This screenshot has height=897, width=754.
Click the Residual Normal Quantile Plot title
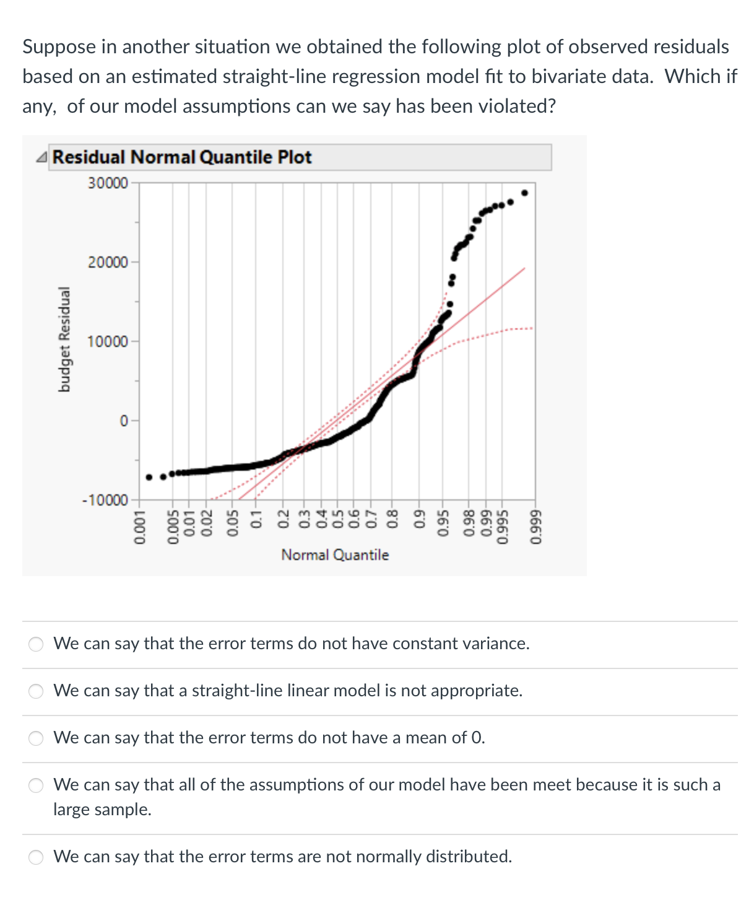tap(182, 157)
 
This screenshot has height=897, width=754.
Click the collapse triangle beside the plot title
tap(41, 158)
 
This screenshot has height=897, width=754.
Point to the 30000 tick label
tap(108, 183)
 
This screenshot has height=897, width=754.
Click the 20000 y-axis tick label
tap(108, 263)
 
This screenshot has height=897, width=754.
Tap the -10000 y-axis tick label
tap(105, 500)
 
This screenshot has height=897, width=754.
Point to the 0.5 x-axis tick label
tap(338, 524)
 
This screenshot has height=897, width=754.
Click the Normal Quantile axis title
tap(335, 555)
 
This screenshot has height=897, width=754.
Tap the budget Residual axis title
tap(64, 339)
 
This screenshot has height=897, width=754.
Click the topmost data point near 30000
tap(525, 193)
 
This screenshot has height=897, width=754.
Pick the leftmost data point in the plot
tap(149, 477)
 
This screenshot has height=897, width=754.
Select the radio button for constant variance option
tap(37, 644)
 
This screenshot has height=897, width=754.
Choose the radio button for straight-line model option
tap(37, 691)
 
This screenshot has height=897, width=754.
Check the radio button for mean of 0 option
tap(37, 738)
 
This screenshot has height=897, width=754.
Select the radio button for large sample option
tap(37, 785)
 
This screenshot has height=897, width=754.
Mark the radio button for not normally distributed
tap(37, 857)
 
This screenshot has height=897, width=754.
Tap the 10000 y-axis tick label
tap(108, 342)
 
